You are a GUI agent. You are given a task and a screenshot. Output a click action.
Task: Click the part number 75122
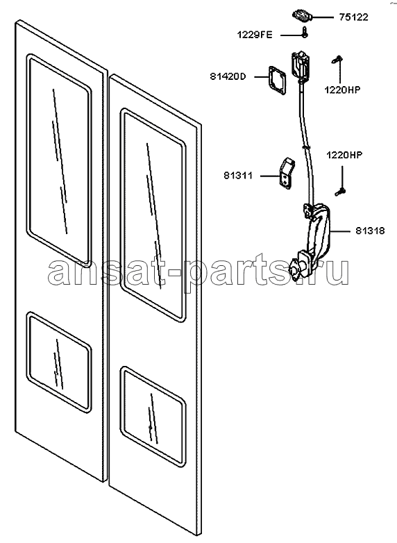pyautogui.click(x=353, y=17)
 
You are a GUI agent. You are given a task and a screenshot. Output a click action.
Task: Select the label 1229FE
pyautogui.click(x=255, y=35)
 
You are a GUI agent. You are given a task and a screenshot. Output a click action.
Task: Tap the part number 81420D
pyautogui.click(x=228, y=76)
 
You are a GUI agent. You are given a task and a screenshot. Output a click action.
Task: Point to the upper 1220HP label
pyautogui.click(x=342, y=90)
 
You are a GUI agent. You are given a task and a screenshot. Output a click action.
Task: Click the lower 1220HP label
pyautogui.click(x=344, y=155)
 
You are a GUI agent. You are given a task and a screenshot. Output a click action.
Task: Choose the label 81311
pyautogui.click(x=239, y=176)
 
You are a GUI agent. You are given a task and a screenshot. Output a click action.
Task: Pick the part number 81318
pyautogui.click(x=370, y=231)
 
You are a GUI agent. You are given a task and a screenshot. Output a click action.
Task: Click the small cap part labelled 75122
pyautogui.click(x=302, y=15)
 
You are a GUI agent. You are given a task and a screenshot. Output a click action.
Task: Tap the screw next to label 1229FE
pyautogui.click(x=304, y=32)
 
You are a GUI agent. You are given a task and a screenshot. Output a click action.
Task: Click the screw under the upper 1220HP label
pyautogui.click(x=337, y=60)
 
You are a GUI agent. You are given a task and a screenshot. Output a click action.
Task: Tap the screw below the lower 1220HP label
pyautogui.click(x=340, y=191)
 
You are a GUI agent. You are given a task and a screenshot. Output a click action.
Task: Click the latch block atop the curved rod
pyautogui.click(x=300, y=65)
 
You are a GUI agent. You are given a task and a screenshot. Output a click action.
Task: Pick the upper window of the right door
pyautogui.click(x=152, y=215)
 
